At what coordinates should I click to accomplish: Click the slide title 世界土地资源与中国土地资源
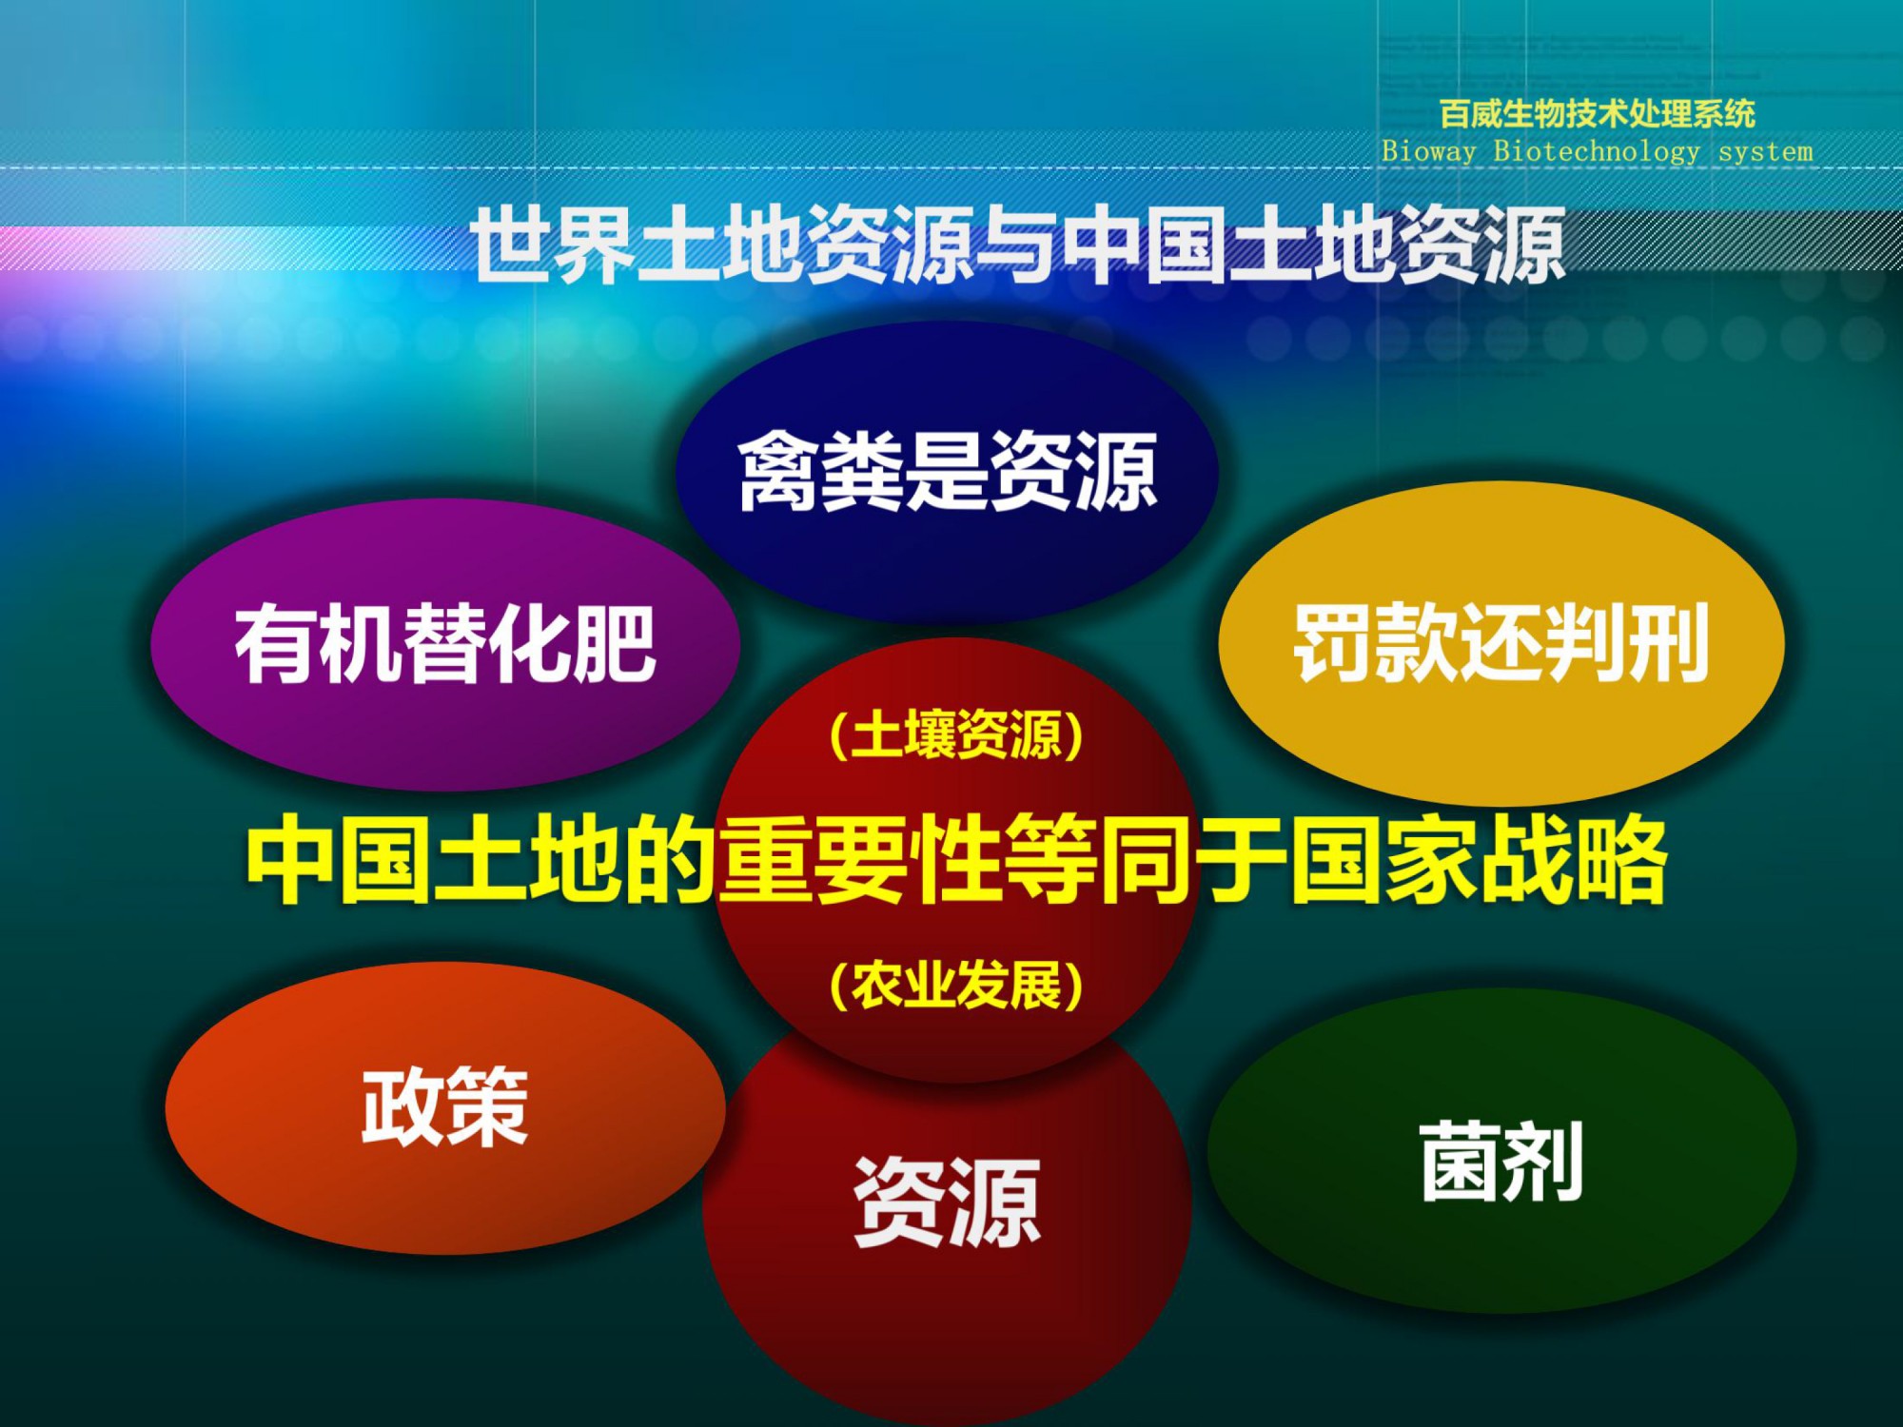coord(1018,244)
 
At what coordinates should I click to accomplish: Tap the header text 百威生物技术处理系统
coord(1598,114)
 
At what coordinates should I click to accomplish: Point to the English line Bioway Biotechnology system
coord(1598,150)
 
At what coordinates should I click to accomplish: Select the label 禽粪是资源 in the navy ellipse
coord(948,470)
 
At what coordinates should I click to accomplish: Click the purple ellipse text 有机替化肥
coord(445,644)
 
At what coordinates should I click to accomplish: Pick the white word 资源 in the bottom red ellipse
coord(948,1202)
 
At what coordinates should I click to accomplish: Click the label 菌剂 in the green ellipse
coord(1502,1161)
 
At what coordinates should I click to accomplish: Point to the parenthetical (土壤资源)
coord(956,735)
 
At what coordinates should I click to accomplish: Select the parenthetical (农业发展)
coord(956,985)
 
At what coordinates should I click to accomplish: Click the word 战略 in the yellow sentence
coord(1573,859)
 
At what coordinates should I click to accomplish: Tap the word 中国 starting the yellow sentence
coord(338,859)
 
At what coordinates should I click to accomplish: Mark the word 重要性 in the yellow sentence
coord(860,859)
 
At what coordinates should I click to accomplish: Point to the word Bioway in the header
coord(1428,151)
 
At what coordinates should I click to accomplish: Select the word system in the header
coord(1766,151)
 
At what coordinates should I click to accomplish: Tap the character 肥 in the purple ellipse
coord(616,644)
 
